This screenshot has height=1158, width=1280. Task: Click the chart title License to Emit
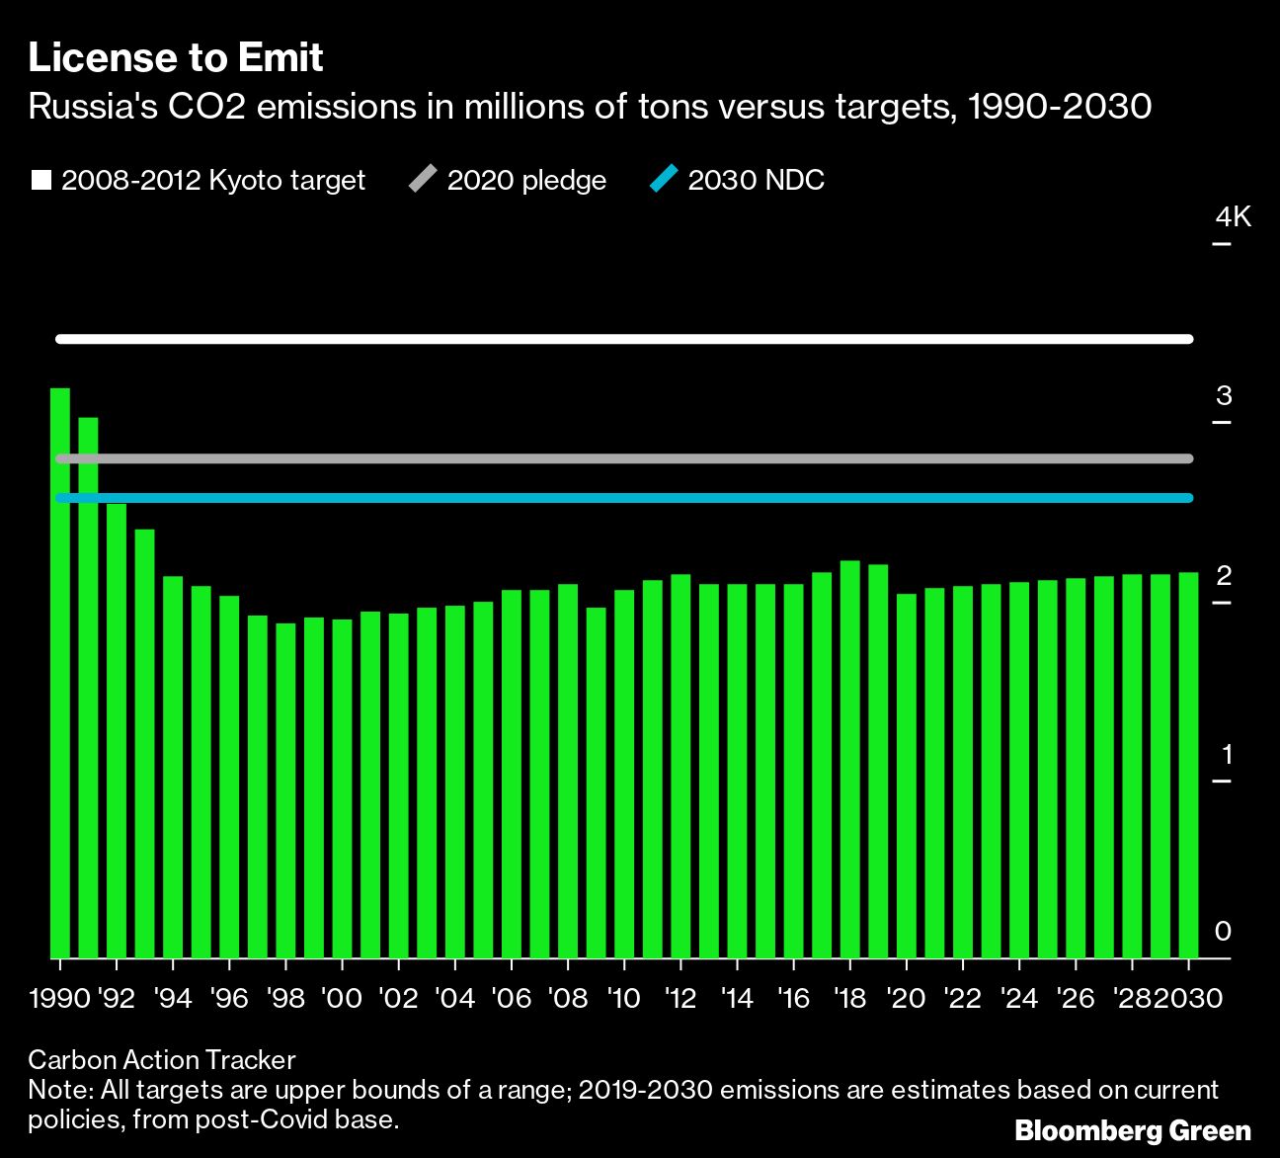tap(176, 58)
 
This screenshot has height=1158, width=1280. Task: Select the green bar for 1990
tap(60, 672)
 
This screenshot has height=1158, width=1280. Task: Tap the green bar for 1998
tap(285, 790)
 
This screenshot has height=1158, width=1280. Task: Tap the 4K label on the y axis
tap(1233, 217)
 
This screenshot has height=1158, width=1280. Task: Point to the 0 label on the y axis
tap(1223, 932)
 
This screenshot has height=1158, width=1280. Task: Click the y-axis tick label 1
tap(1227, 755)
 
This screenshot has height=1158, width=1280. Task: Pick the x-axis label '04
tap(455, 999)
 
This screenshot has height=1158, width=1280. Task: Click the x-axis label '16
tap(793, 999)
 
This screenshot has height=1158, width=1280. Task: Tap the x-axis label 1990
tap(59, 999)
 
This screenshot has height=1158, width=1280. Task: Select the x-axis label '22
tap(962, 999)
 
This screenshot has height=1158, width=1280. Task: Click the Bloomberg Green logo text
tap(1133, 1131)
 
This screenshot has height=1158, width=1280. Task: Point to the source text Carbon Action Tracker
tap(162, 1060)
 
